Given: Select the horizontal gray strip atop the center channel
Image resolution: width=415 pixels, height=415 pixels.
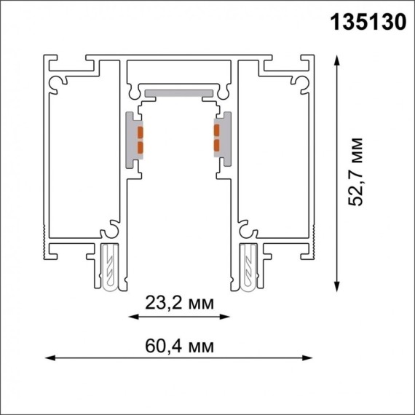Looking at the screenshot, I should pyautogui.click(x=179, y=93).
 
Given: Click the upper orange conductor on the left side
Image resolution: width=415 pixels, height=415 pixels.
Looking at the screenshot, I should pyautogui.click(x=140, y=132).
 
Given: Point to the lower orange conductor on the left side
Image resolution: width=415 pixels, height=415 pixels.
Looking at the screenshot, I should pyautogui.click(x=140, y=146).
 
